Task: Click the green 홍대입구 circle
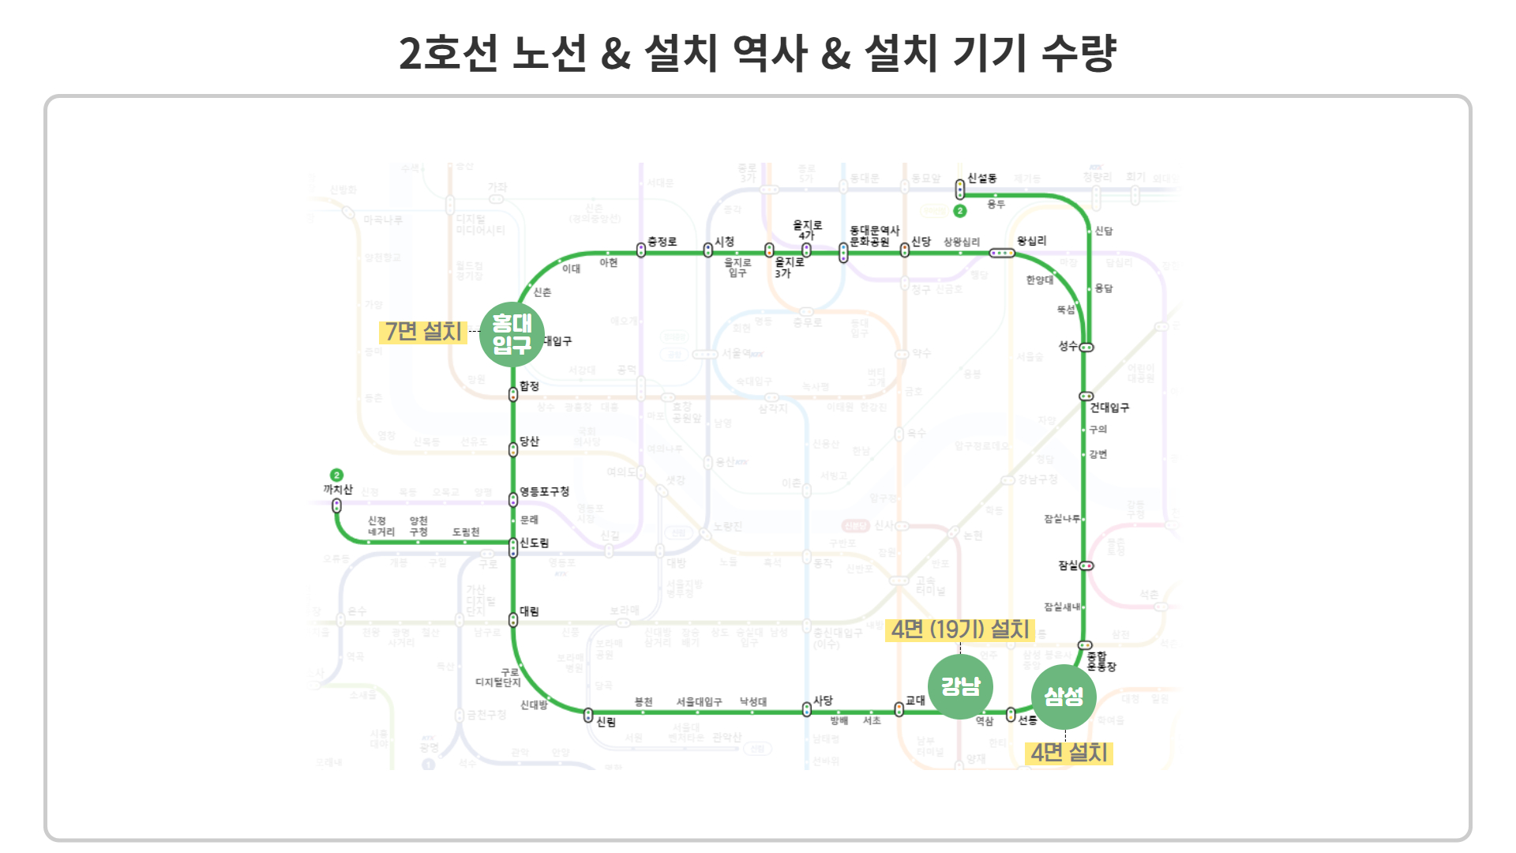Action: click(512, 335)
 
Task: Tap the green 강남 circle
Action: click(960, 686)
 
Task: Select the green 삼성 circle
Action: click(1064, 697)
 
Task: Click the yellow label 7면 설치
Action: click(423, 332)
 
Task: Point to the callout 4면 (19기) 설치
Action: click(960, 629)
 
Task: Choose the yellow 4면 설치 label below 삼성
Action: click(1069, 753)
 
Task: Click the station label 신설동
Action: click(982, 178)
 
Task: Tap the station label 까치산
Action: click(338, 490)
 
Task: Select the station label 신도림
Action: click(535, 543)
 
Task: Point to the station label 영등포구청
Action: click(544, 491)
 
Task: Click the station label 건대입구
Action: click(1109, 408)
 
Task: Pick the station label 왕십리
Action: click(1031, 241)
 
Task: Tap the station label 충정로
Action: click(662, 242)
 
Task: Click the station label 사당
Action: click(824, 701)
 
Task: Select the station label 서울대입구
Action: click(699, 701)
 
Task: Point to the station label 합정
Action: click(529, 386)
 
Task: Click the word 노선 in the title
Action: click(550, 54)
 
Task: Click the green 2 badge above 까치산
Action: click(337, 475)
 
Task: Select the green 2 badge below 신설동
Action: click(960, 211)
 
